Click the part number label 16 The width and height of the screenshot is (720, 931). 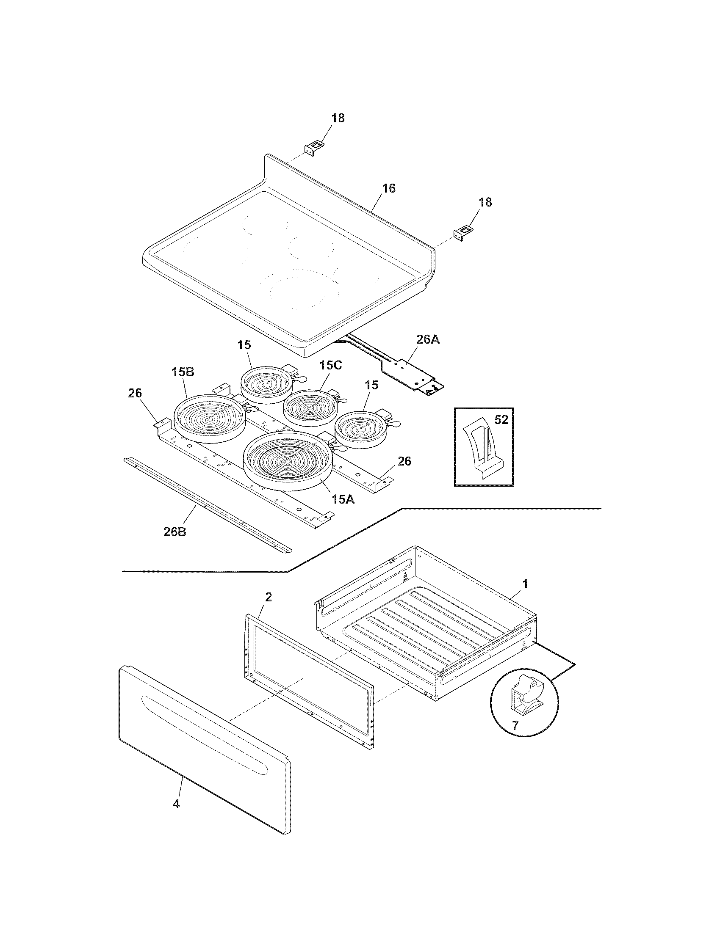[388, 188]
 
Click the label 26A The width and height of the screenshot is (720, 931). [428, 340]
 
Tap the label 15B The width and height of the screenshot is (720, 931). [183, 372]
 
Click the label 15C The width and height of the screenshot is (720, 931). [331, 365]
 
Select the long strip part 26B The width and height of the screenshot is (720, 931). [208, 505]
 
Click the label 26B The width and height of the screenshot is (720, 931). [175, 532]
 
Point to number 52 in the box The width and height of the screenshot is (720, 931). [501, 420]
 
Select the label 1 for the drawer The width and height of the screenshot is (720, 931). [526, 584]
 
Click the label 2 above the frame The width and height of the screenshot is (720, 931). [268, 597]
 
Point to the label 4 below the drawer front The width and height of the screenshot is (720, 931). [176, 804]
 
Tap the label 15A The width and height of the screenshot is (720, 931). [344, 500]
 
